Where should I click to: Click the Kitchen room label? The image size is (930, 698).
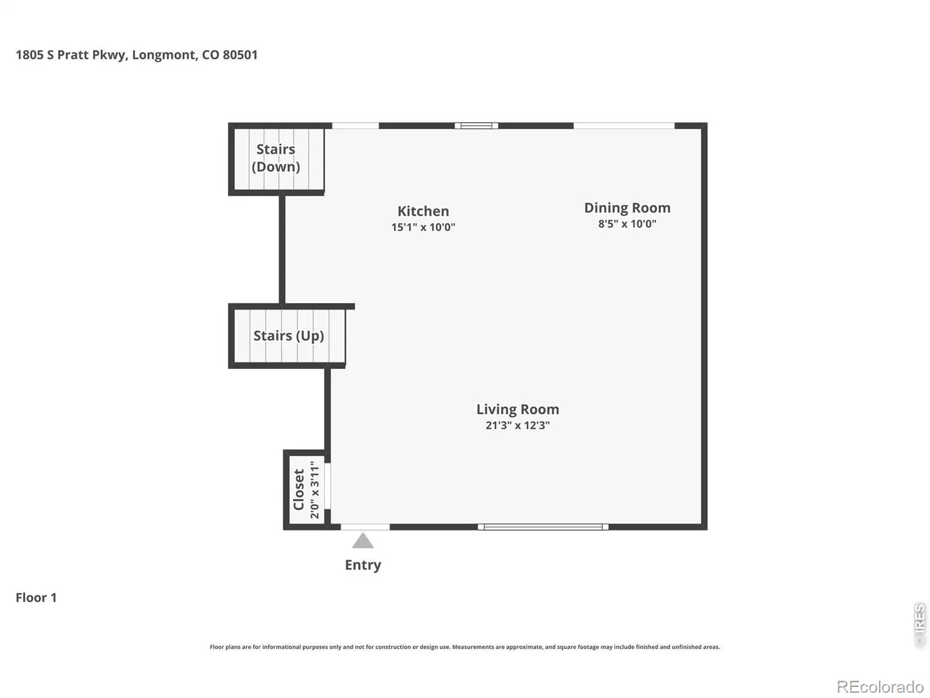click(x=423, y=211)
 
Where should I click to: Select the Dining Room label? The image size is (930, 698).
click(x=627, y=208)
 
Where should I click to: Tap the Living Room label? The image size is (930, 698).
click(x=517, y=409)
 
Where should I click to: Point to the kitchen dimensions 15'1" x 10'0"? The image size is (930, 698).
click(x=423, y=227)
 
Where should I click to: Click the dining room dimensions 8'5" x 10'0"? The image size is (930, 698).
click(x=627, y=224)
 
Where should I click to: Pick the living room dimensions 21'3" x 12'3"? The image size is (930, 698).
click(x=517, y=425)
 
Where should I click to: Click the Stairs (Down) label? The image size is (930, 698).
click(x=276, y=158)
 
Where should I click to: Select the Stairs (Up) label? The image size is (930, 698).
click(x=288, y=336)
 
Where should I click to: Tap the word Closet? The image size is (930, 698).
click(x=299, y=490)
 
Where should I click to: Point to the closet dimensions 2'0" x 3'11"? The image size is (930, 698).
click(x=314, y=490)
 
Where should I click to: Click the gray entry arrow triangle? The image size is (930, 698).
click(x=363, y=541)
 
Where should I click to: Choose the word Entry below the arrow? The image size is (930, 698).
click(x=363, y=565)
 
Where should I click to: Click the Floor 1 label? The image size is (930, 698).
click(x=36, y=597)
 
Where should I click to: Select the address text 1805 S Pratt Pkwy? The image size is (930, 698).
click(x=71, y=55)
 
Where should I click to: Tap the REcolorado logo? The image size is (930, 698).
click(x=880, y=686)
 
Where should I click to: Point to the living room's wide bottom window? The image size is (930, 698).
click(x=543, y=527)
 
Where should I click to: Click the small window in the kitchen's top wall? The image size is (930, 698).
click(x=476, y=126)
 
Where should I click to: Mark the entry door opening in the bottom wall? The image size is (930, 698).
click(x=365, y=527)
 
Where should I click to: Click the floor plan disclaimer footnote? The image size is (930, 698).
click(x=465, y=647)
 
